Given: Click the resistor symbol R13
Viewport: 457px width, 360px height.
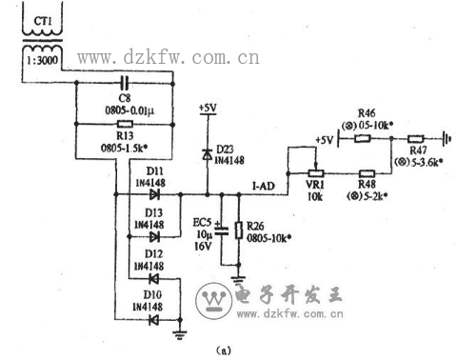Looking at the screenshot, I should pos(124,124).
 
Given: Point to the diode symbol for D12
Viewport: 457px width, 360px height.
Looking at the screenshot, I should pos(150,278).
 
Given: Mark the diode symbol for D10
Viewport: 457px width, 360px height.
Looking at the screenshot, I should pos(150,319).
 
